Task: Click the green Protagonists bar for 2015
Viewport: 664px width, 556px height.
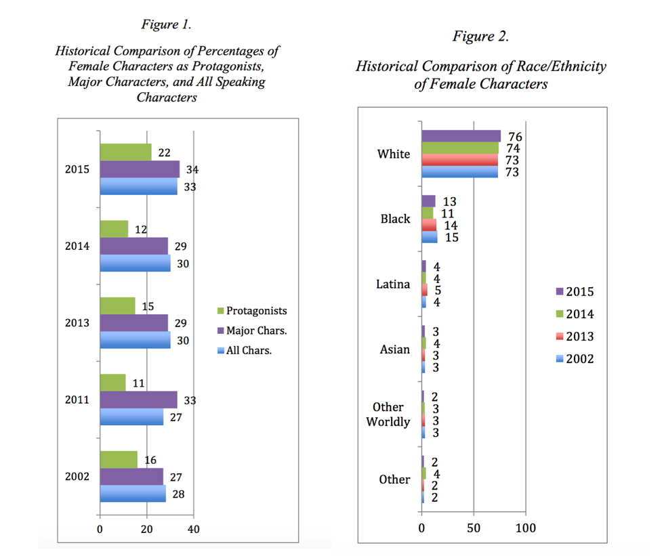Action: coord(125,152)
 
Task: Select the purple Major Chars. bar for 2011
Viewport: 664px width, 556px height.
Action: coord(138,400)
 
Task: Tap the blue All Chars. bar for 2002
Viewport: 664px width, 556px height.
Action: coord(133,494)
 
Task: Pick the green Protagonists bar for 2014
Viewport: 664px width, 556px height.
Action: coord(114,229)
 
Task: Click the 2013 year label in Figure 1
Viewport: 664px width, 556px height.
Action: coord(77,323)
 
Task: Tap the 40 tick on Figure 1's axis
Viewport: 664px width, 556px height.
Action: coord(193,529)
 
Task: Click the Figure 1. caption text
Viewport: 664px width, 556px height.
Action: coord(166,24)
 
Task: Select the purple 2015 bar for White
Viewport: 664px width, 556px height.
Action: coord(461,136)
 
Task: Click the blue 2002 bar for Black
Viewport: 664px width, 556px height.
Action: coord(429,237)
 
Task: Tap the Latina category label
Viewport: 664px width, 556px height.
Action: coord(393,284)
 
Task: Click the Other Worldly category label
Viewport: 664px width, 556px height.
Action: coord(388,414)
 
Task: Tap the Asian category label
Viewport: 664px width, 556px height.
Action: coord(394,349)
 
